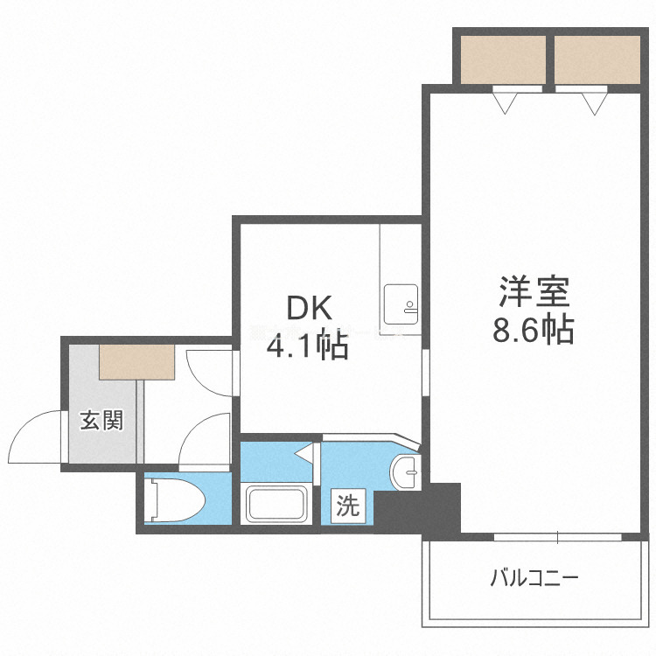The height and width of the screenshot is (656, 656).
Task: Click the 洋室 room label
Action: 534,290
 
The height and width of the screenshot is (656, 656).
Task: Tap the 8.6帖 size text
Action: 534,330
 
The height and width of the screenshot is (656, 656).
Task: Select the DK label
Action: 308,308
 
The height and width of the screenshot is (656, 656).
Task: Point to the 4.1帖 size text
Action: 308,346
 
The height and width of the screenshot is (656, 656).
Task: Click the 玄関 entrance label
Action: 102,421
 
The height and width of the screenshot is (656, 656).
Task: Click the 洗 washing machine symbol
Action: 348,506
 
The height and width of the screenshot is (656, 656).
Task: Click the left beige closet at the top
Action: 502,59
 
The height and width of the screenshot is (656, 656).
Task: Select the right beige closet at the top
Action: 597,59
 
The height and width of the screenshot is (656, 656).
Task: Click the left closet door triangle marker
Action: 506,104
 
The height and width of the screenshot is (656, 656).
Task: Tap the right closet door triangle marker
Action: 594,104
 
